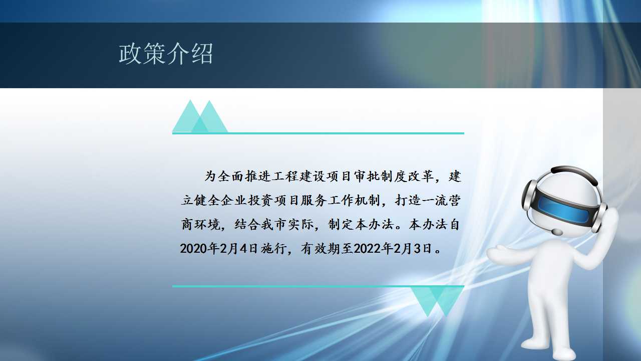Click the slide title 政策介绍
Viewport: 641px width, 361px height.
[166, 54]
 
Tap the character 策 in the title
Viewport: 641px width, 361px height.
[154, 54]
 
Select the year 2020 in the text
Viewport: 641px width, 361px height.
[194, 248]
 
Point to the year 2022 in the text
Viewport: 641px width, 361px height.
[368, 248]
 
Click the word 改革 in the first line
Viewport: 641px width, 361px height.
[421, 176]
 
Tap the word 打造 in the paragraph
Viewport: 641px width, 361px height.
[408, 200]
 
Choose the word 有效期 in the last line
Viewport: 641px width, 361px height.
[320, 248]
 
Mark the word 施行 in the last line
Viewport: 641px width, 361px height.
[273, 248]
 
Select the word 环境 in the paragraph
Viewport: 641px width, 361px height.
[207, 224]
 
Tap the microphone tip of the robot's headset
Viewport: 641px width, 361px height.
[557, 232]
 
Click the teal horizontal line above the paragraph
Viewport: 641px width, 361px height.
[318, 133]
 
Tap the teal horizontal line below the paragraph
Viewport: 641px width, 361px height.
[318, 286]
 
